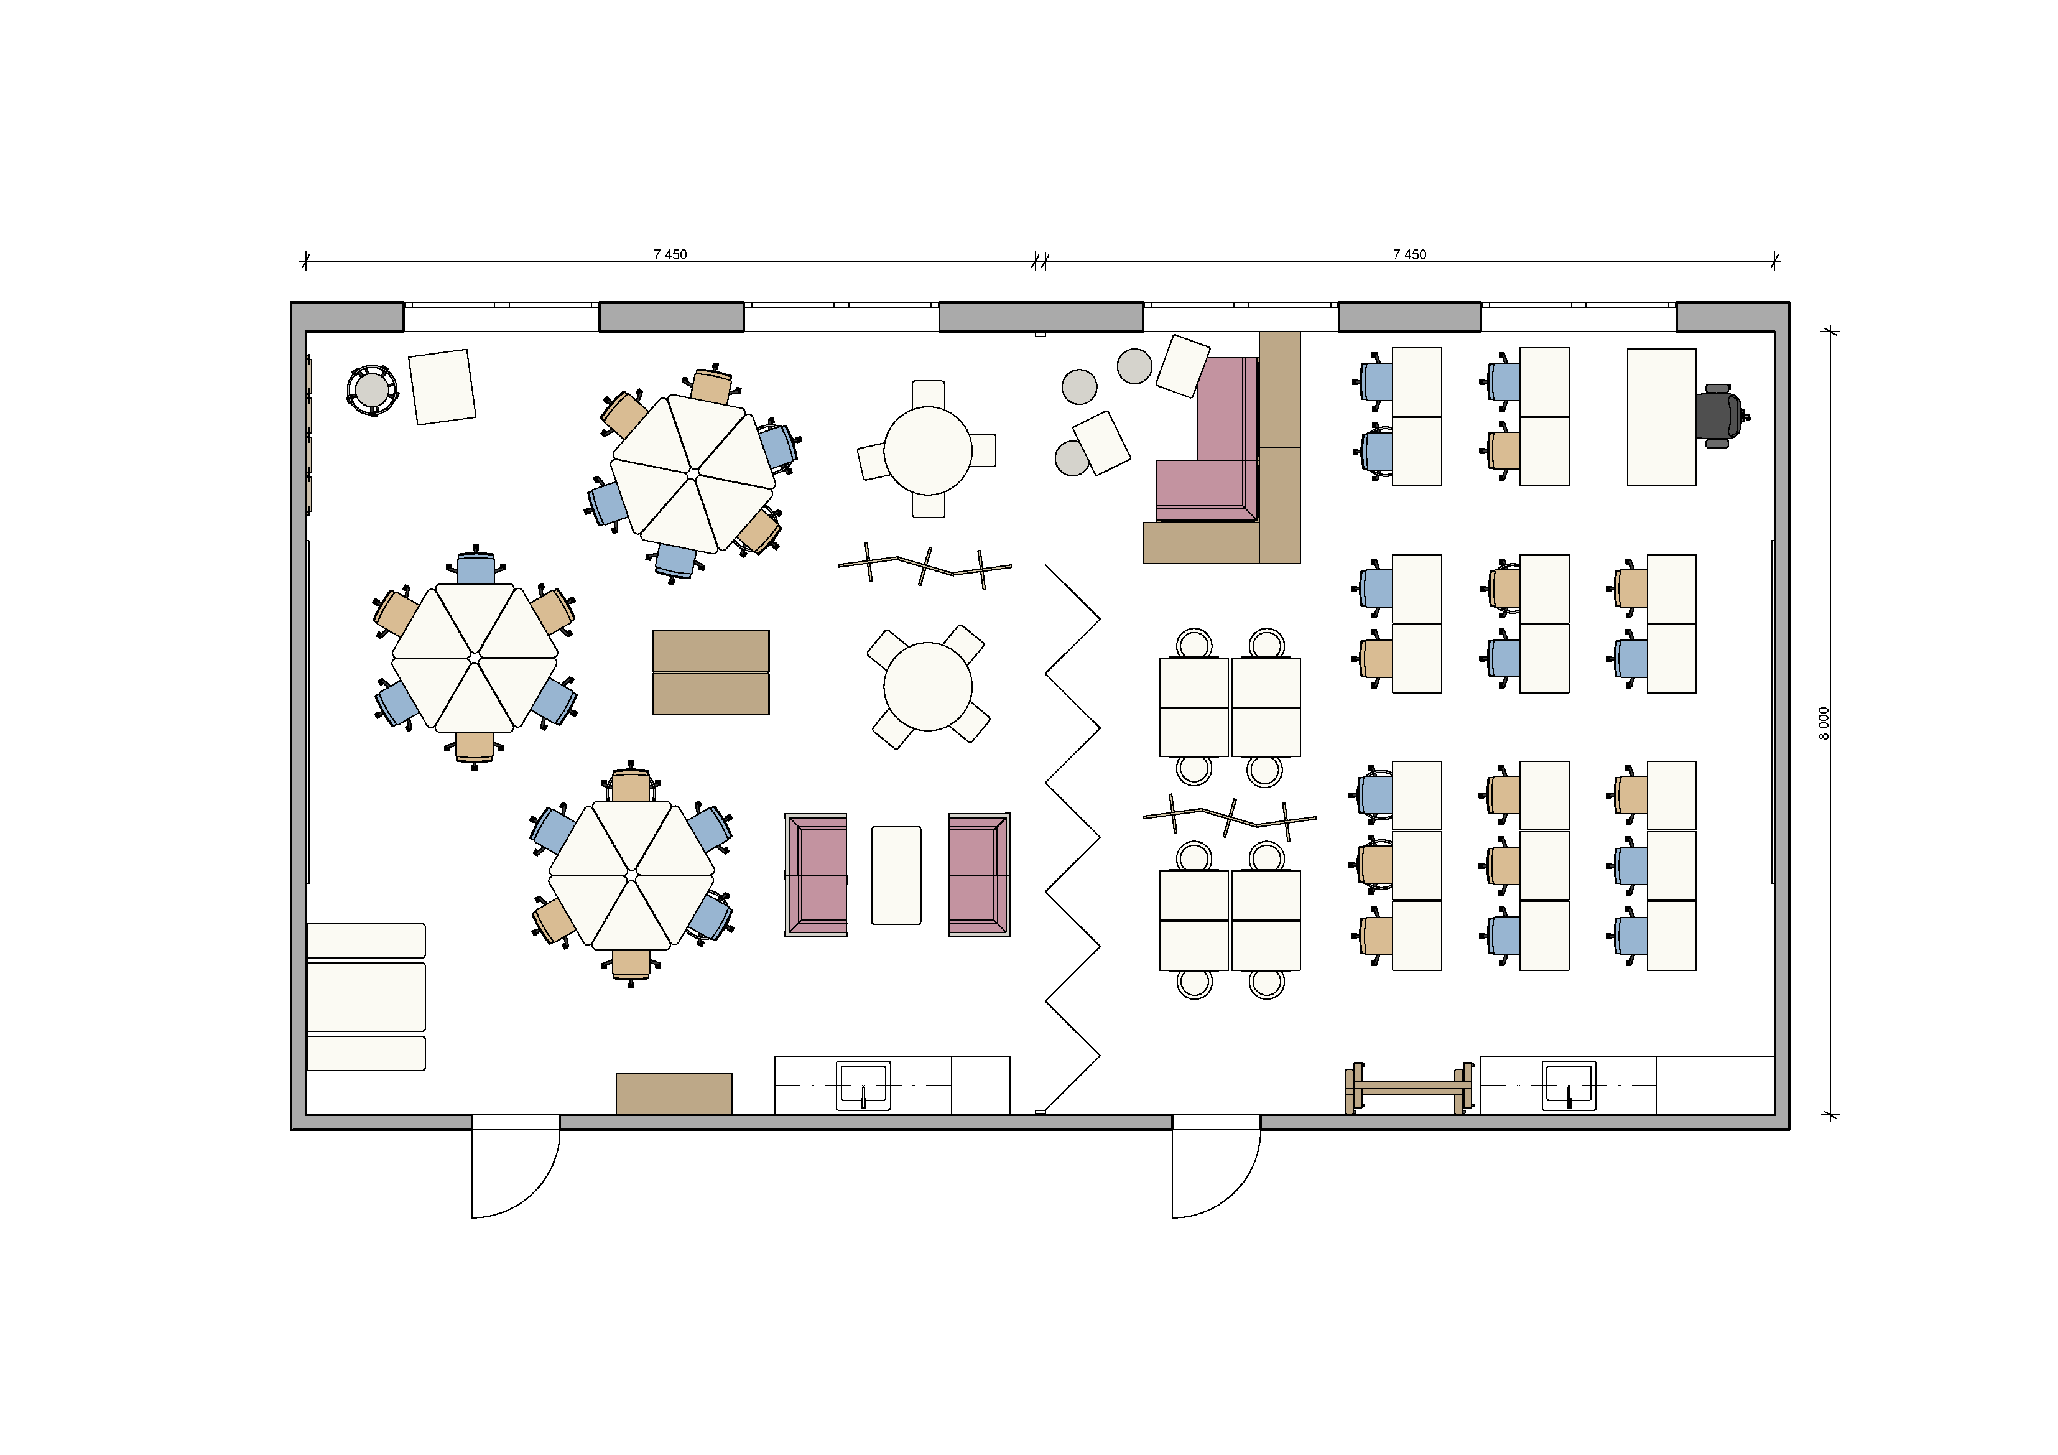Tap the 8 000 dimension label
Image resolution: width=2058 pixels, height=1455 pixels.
[1823, 723]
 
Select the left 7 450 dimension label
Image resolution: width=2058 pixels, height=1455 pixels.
[670, 254]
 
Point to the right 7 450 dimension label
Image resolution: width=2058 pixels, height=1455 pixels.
[1409, 254]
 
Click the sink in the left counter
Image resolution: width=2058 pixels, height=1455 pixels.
[863, 1085]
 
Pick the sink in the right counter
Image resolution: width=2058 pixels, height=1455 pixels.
[1569, 1085]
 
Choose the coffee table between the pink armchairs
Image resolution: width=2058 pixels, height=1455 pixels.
[896, 875]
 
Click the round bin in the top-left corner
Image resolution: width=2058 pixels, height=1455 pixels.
[372, 390]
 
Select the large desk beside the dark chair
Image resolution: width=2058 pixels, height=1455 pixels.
[1661, 417]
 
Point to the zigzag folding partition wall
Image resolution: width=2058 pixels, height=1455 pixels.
[1072, 838]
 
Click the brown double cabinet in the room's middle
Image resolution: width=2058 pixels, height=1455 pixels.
[711, 672]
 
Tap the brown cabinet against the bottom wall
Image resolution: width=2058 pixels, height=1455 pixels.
[674, 1094]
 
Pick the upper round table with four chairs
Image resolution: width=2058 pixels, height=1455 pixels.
[928, 450]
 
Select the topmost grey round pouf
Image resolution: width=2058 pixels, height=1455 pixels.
[1135, 366]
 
